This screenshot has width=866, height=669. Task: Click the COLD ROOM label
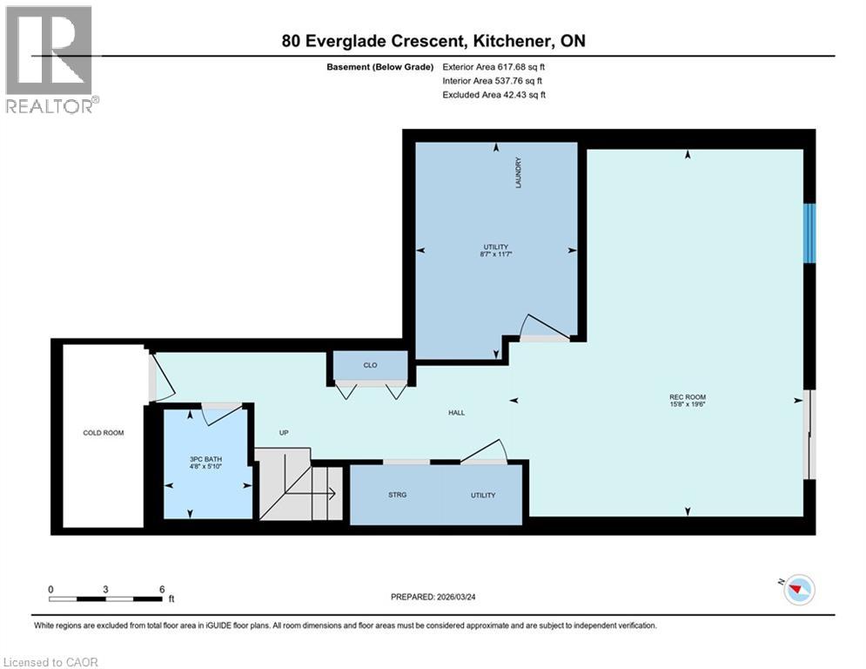(103, 433)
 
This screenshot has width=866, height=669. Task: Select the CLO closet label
(371, 365)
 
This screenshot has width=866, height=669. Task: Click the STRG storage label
(397, 495)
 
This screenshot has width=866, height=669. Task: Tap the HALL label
(456, 413)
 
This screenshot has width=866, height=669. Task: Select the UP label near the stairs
(284, 432)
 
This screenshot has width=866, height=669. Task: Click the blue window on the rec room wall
(809, 233)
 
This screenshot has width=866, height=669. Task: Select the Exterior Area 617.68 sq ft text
(494, 67)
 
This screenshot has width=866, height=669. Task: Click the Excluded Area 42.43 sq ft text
(494, 95)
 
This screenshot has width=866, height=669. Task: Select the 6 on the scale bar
(161, 589)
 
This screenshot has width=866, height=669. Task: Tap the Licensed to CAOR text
(51, 662)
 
